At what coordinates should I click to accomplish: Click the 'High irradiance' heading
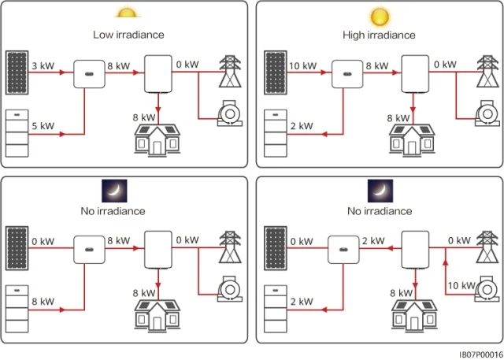pyautogui.click(x=379, y=35)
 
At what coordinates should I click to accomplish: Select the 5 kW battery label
pyautogui.click(x=43, y=126)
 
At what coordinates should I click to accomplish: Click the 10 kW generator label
pyautogui.click(x=461, y=285)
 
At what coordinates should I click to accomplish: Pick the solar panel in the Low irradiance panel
pyautogui.click(x=16, y=71)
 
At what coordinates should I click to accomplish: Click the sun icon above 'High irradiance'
pyautogui.click(x=380, y=16)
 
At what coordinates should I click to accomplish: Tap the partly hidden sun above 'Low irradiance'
pyautogui.click(x=125, y=13)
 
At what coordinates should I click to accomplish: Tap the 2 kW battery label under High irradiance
pyautogui.click(x=300, y=126)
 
